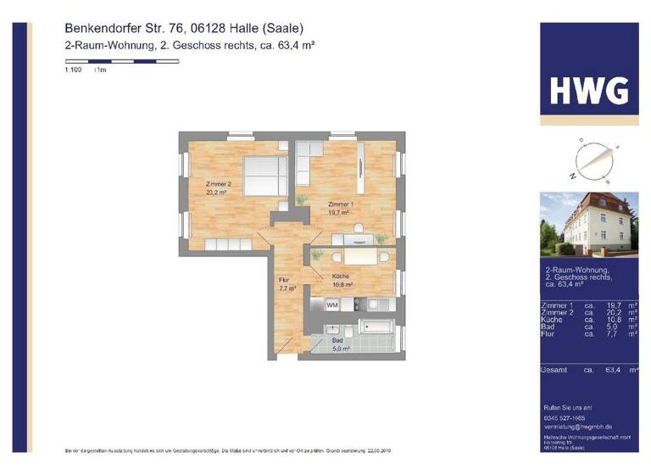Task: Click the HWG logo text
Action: point(589,89)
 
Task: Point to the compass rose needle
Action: point(590,164)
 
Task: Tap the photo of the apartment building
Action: point(589,225)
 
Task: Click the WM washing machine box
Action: point(332,305)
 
